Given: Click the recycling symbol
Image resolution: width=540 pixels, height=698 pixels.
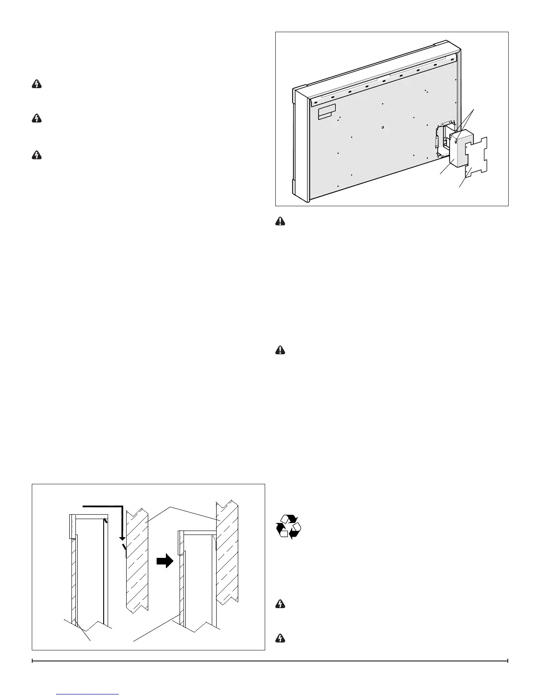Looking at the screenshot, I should (x=288, y=526).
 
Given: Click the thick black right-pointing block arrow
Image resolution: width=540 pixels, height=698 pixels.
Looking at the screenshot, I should (x=165, y=561).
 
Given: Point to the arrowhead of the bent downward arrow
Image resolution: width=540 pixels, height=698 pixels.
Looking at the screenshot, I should (x=122, y=539).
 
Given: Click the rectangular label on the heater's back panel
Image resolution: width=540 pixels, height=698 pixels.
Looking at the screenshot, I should (x=327, y=111).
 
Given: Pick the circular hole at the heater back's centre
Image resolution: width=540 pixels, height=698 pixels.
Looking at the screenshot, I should (x=383, y=128).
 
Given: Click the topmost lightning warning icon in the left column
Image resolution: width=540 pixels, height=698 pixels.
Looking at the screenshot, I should (x=37, y=85).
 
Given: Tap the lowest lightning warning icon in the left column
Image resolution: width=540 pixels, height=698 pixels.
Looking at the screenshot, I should (x=37, y=155).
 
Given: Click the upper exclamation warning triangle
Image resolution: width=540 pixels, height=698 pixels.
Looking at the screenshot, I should (x=280, y=223).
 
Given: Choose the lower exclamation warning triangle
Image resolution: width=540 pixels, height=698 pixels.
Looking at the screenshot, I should (x=280, y=350).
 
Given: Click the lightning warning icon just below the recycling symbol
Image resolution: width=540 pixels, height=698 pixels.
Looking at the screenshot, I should (x=280, y=604).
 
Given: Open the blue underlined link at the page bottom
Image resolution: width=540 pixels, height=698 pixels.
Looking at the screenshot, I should (x=88, y=694).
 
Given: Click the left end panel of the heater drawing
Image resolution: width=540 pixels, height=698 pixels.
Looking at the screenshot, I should (x=300, y=145).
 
